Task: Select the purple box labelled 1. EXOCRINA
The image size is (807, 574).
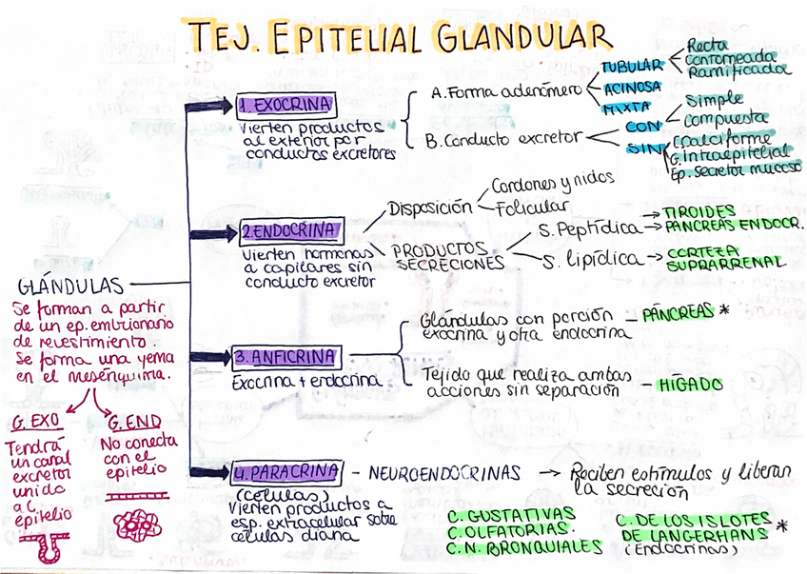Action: point(285,104)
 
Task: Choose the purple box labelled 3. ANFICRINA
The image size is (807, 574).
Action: point(285,358)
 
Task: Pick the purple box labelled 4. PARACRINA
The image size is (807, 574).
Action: point(285,471)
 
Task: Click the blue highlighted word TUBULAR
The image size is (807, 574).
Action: point(631,66)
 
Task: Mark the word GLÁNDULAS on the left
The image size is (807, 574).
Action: point(70,286)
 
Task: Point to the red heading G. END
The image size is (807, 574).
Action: point(133,421)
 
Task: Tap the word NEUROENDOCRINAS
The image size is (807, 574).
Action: point(444,472)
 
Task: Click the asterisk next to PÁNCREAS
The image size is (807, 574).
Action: point(724,310)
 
